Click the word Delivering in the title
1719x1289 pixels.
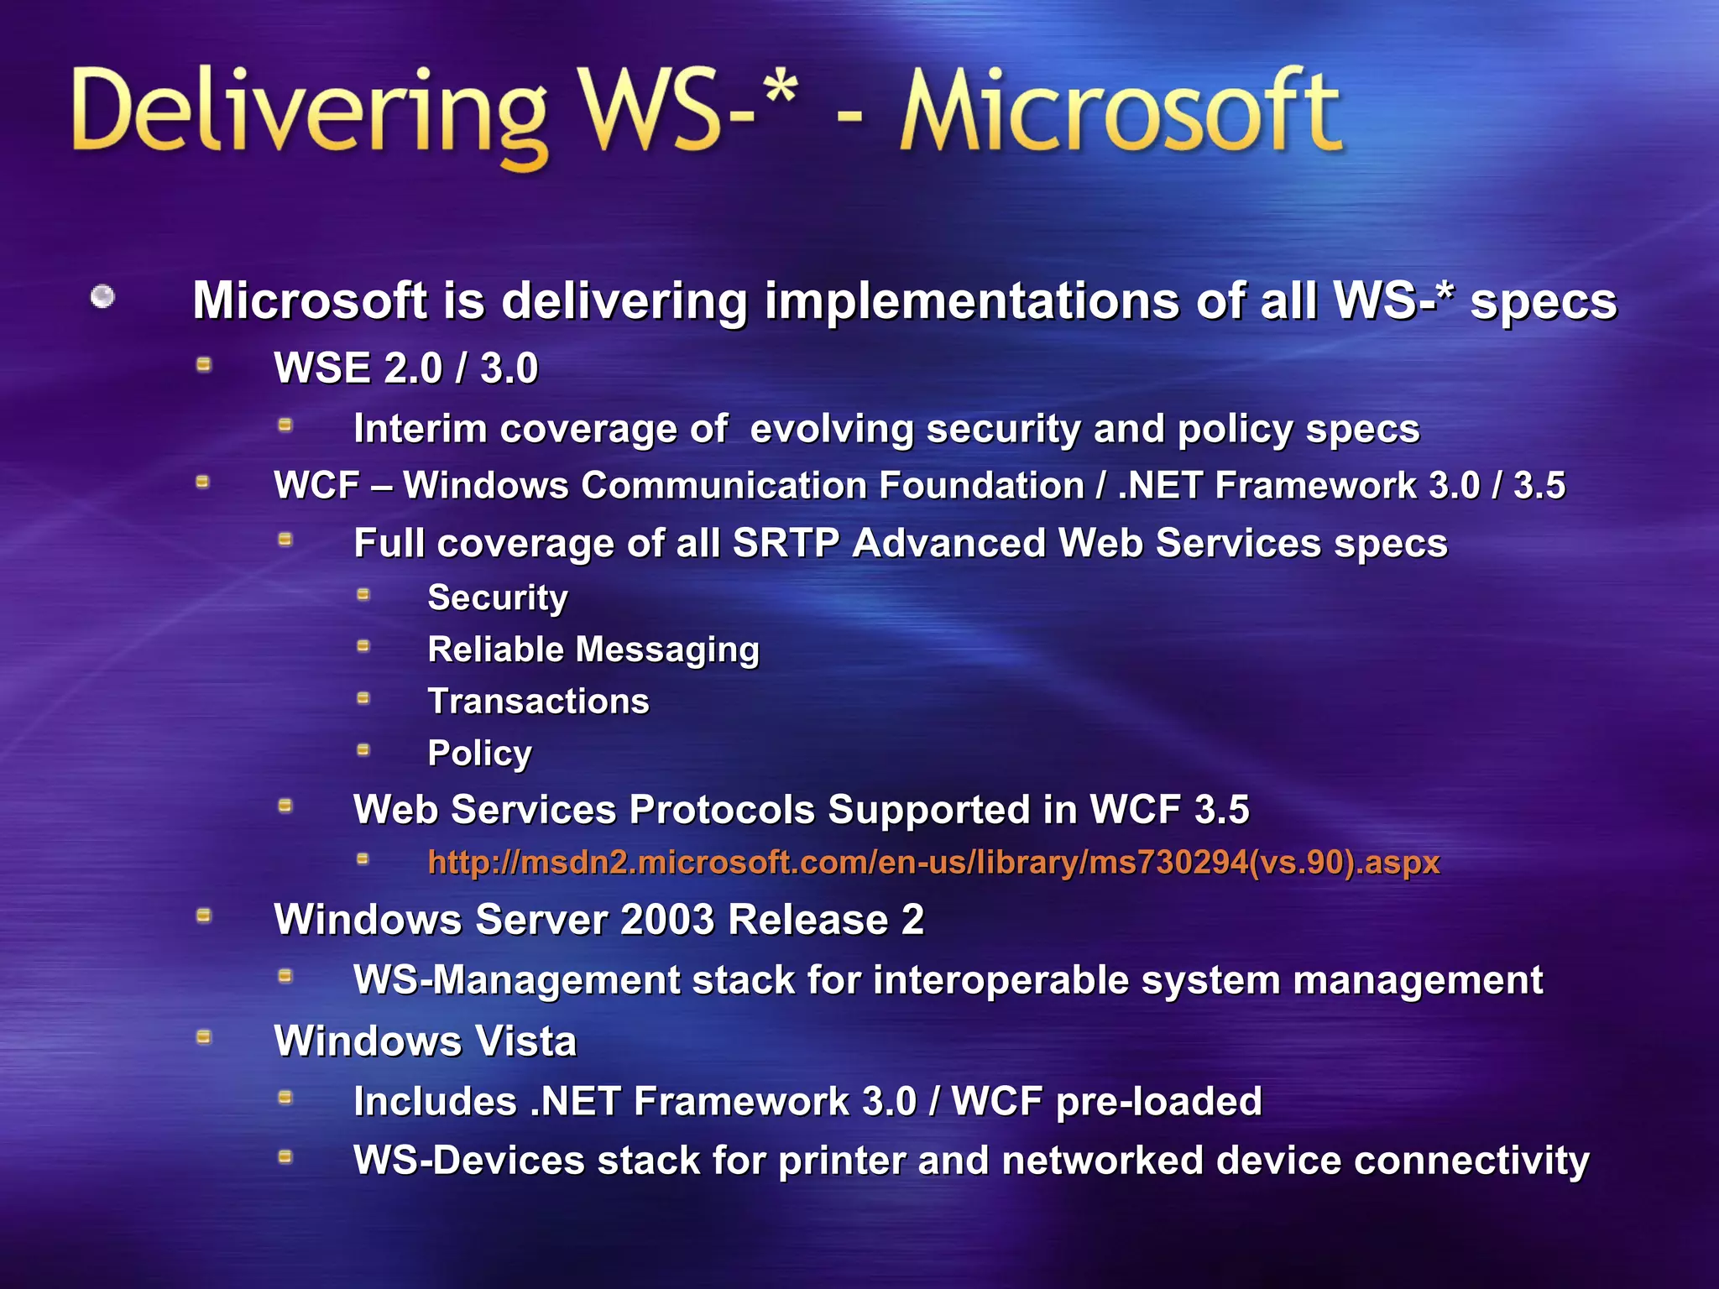coord(311,113)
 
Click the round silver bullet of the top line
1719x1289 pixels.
coord(102,296)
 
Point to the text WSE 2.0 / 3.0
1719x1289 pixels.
coord(405,368)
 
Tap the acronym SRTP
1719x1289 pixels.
coord(786,543)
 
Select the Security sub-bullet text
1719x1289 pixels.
coord(498,598)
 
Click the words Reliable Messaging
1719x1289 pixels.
coord(593,650)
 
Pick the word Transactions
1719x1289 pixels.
coord(538,702)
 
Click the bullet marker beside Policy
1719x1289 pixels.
coord(363,749)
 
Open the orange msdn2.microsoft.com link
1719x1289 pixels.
coord(933,863)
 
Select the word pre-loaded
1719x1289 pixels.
coord(1158,1102)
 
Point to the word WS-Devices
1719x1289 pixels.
coord(468,1161)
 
